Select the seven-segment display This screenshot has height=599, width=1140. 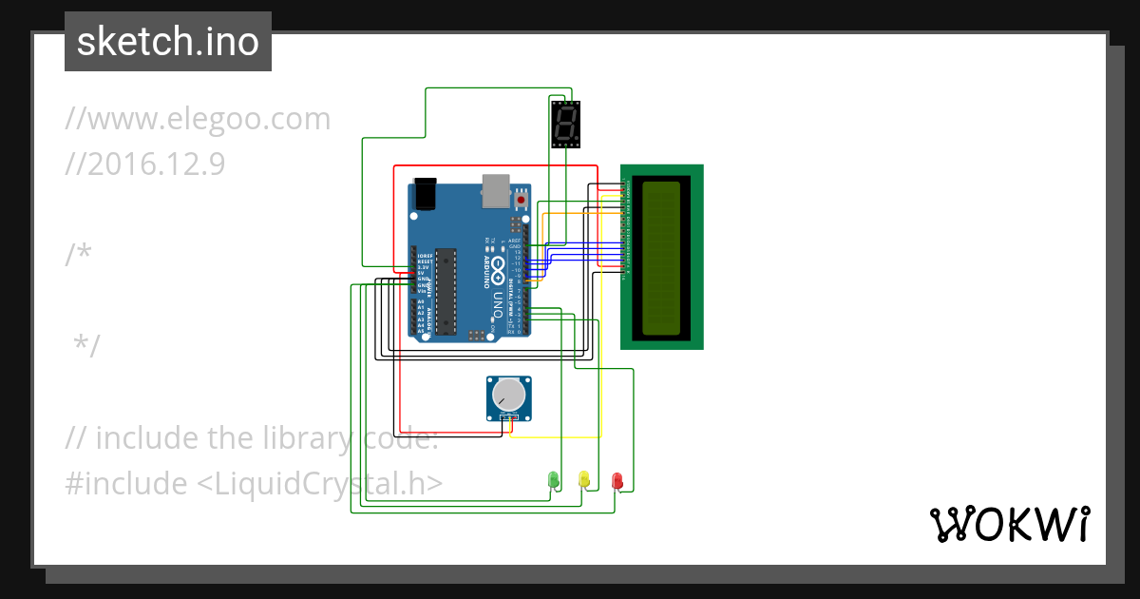[x=565, y=124]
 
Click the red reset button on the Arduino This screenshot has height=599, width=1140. [x=521, y=200]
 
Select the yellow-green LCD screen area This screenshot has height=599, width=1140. [x=662, y=257]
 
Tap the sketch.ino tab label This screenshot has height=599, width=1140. [x=168, y=42]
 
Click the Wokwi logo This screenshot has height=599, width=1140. [x=1008, y=525]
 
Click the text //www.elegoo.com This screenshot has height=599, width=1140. [x=198, y=120]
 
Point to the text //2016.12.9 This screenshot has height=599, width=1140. [x=144, y=164]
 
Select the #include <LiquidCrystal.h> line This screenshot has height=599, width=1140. [x=254, y=483]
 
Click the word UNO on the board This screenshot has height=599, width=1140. [x=498, y=304]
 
